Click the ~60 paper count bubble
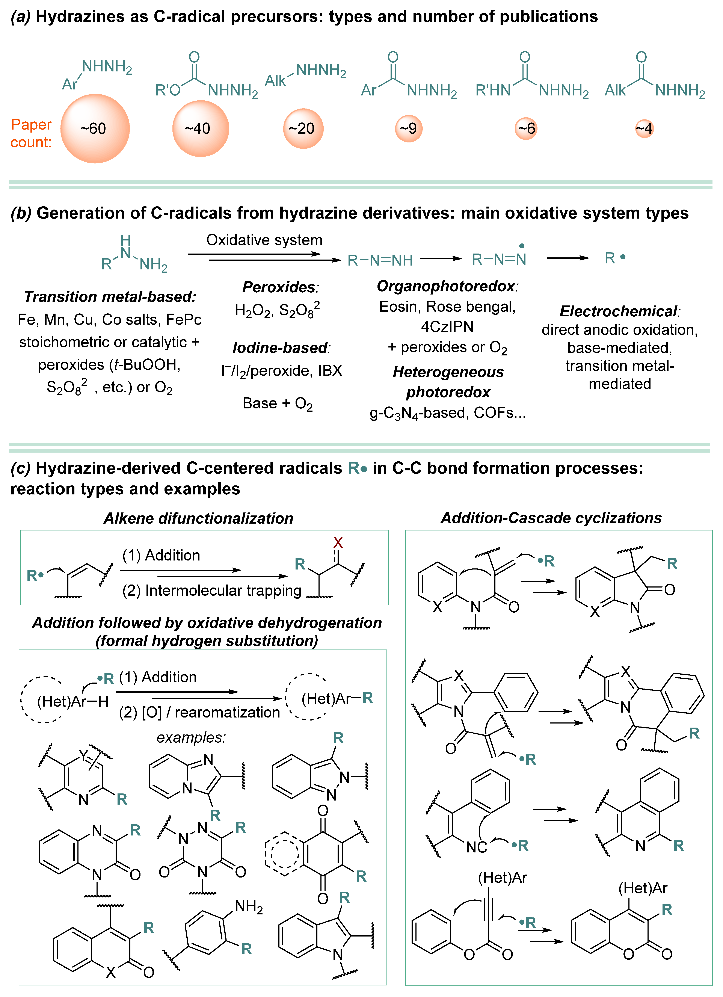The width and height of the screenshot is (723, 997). click(95, 128)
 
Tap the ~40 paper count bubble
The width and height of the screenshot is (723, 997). click(200, 128)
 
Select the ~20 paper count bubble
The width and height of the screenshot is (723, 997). click(303, 128)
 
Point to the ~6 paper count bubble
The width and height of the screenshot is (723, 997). click(526, 128)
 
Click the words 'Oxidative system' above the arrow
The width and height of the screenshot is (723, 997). click(264, 240)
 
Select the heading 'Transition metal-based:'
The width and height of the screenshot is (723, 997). click(110, 297)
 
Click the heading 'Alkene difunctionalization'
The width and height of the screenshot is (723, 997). click(198, 518)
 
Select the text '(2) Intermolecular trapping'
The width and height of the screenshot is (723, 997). click(211, 590)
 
